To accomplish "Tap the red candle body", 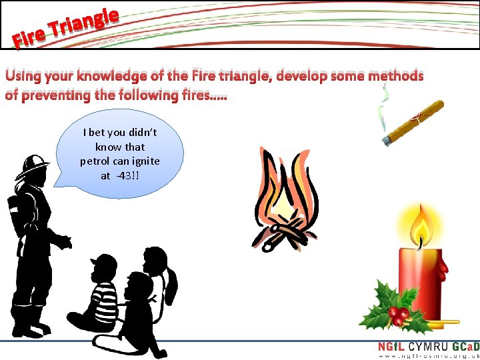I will (x=420, y=273).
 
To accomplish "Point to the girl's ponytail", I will (x=173, y=283).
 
